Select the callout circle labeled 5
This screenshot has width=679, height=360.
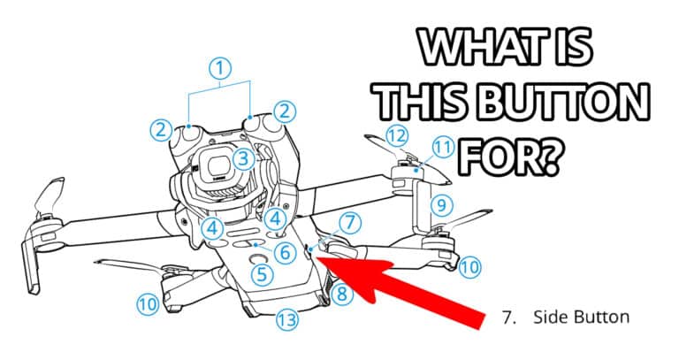point(262,275)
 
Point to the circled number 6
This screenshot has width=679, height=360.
point(283,252)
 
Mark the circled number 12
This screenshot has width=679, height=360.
point(398,136)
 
